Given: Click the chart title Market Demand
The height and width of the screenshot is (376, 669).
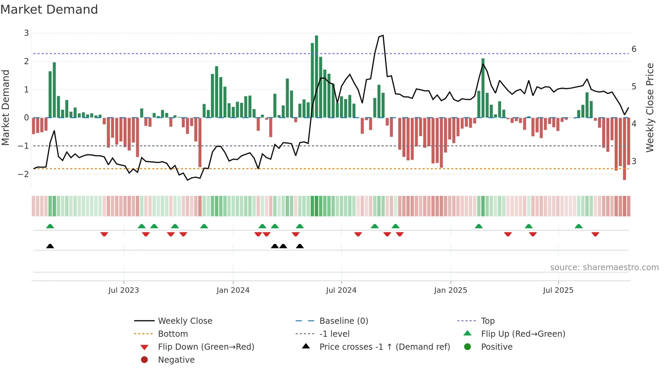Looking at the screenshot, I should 49,10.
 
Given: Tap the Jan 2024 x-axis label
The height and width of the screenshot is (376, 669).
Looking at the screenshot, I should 233,290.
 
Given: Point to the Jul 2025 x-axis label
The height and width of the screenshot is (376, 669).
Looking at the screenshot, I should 558,290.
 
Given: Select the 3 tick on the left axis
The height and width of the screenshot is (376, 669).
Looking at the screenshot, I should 26,33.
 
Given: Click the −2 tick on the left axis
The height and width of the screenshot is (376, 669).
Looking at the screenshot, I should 24,174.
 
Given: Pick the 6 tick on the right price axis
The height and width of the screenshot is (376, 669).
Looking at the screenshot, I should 634,49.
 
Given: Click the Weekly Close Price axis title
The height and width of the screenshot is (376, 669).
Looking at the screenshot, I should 650,107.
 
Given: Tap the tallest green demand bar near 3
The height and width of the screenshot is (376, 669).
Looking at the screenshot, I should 316,77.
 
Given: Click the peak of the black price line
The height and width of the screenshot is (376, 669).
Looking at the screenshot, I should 383,35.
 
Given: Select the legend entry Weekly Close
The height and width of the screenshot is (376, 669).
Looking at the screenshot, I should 185,321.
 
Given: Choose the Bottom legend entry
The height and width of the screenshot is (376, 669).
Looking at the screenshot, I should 173,334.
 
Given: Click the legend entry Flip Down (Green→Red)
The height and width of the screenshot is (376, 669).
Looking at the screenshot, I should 206,347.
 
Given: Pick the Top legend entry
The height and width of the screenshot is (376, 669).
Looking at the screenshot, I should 487,321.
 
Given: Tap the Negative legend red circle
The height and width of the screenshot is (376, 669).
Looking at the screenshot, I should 144,360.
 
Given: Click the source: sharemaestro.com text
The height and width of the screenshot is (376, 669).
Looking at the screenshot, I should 604,267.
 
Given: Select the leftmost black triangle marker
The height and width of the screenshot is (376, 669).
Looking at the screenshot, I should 50,246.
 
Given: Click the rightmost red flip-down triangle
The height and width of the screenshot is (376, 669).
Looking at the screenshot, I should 595,234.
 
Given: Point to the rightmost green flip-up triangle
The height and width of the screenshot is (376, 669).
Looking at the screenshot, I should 579,226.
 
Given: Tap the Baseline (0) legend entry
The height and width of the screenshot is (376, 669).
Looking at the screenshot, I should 343,321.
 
